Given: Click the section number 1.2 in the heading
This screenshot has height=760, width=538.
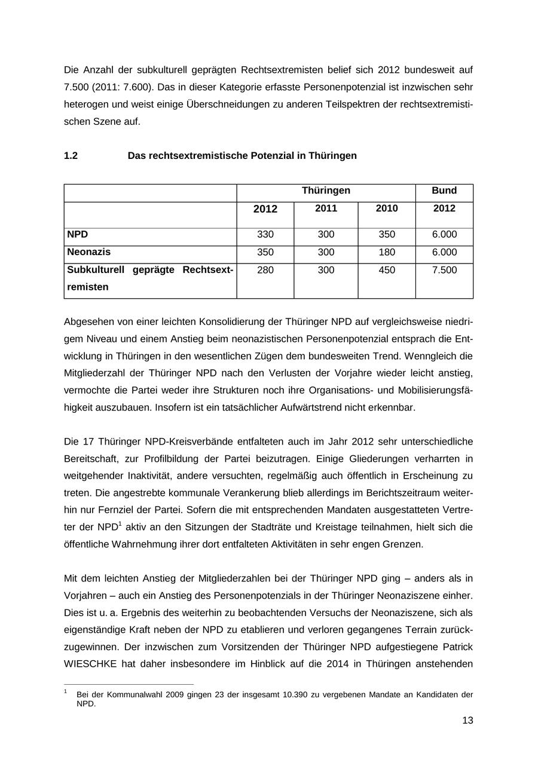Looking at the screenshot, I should point(71,156).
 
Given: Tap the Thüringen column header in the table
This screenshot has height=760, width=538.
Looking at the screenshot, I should point(326,191).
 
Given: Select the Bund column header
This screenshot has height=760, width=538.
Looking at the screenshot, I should point(444,191).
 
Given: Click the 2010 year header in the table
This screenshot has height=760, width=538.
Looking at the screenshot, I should point(387,209).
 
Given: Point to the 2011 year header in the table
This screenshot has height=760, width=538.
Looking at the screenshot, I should point(326,209).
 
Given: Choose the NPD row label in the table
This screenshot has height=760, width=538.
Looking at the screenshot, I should point(78,234).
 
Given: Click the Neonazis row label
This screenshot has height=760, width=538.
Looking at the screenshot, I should point(88,252).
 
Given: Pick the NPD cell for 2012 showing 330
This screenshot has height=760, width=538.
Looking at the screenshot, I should point(265,235).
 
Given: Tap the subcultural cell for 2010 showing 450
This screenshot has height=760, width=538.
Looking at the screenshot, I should point(387,271).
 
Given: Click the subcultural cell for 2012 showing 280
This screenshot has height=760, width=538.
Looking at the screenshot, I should point(265,271).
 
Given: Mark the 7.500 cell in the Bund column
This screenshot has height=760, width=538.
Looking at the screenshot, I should point(444,271).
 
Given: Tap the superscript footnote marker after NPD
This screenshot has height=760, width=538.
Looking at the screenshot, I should point(120,524).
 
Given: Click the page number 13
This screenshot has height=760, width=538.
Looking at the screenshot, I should point(467,721).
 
